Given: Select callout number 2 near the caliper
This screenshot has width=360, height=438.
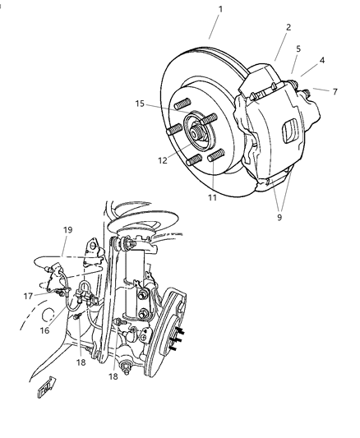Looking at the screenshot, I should [288, 27].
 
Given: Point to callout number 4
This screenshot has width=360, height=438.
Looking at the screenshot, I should [322, 59].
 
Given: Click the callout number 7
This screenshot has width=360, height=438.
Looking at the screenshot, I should [335, 91].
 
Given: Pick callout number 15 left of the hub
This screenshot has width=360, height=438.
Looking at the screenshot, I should [141, 104].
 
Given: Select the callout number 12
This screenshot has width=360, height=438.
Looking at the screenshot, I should [163, 161].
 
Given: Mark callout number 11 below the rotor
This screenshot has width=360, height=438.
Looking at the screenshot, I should [213, 198].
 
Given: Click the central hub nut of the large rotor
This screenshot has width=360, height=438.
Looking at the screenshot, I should [200, 131].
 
